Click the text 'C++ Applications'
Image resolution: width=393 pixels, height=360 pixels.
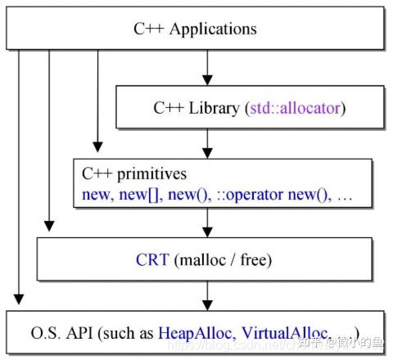195,29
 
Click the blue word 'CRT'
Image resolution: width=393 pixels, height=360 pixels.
153,260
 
